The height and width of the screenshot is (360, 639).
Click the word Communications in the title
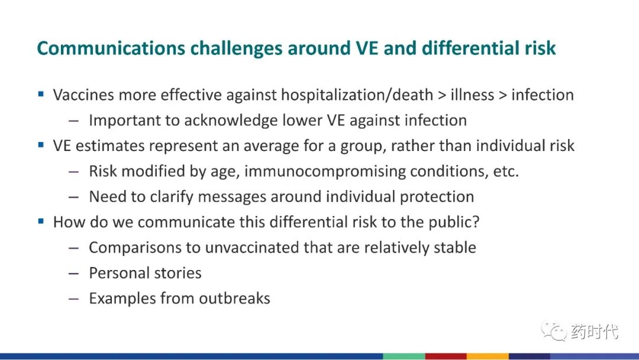pos(111,48)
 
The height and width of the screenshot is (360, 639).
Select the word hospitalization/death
pos(357,95)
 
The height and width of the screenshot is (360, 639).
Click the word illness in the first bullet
pos(472,95)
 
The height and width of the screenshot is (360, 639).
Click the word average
pos(271,146)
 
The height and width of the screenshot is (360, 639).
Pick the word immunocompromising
pos(325,171)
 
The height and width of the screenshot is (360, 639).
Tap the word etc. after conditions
pos(506,172)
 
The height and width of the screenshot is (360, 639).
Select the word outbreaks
pos(234,298)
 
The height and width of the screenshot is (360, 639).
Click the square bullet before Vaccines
pos(41,94)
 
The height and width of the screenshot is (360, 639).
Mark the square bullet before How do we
pos(41,221)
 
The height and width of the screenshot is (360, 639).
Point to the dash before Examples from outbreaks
pos(74,298)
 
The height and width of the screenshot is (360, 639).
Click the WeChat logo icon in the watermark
pos(554,330)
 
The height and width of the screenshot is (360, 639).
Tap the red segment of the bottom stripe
pos(446,356)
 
